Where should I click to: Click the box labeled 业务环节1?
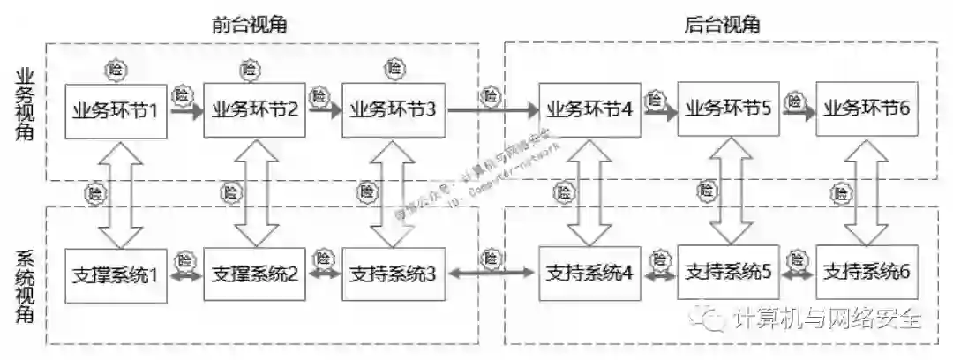click(116, 111)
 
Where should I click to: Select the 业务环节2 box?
click(255, 111)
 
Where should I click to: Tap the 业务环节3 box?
click(393, 111)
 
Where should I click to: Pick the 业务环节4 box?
click(589, 111)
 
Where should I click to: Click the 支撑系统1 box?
click(116, 274)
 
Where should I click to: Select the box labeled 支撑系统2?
click(255, 274)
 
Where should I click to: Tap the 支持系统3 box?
click(393, 274)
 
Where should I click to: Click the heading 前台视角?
click(250, 25)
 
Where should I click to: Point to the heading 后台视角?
click(723, 25)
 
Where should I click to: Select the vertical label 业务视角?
click(26, 104)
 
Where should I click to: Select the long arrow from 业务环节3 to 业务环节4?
click(492, 111)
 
